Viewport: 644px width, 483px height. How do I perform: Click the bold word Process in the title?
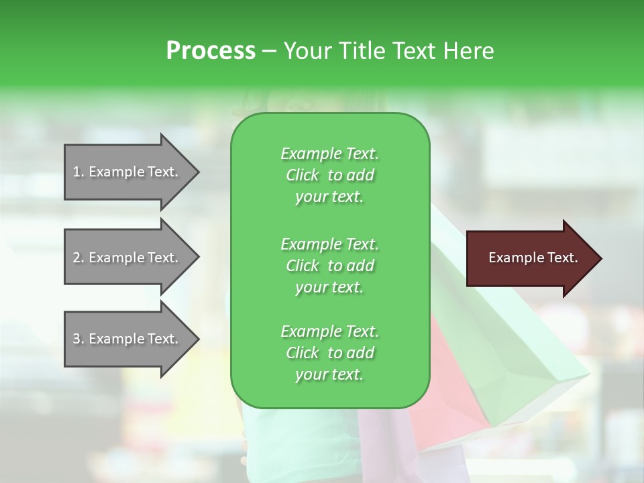211,51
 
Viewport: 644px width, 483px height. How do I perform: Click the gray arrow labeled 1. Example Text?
125,172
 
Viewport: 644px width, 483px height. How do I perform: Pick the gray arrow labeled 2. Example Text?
125,258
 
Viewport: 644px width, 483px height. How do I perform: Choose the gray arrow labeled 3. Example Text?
125,339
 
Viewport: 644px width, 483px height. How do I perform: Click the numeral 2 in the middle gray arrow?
76,258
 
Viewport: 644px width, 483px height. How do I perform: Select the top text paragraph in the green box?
329,175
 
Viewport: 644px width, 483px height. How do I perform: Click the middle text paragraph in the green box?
329,265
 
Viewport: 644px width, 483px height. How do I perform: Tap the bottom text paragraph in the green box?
329,353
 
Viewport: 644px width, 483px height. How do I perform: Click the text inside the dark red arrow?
533,258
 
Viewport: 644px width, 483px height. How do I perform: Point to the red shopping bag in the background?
449,376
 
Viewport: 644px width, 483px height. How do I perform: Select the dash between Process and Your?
270,52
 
